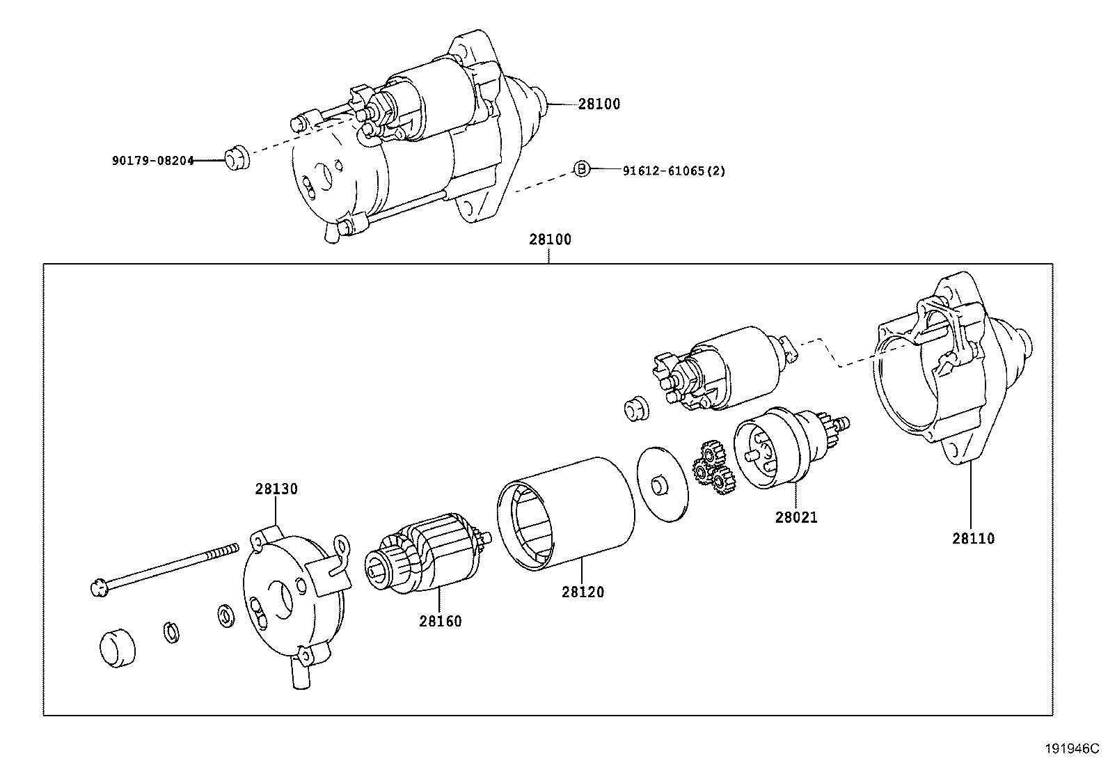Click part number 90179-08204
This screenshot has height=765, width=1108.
(x=152, y=161)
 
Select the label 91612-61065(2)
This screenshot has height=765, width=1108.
(x=673, y=171)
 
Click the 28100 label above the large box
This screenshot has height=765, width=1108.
(x=549, y=240)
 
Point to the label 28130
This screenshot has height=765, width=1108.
(x=276, y=489)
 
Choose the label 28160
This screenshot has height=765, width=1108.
(x=440, y=621)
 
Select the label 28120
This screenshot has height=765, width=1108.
(x=583, y=592)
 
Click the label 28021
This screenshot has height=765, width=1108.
(x=796, y=517)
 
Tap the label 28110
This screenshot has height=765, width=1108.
(x=973, y=538)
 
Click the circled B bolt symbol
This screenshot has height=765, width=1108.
(x=581, y=168)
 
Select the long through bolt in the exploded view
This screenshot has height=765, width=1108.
(x=164, y=567)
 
